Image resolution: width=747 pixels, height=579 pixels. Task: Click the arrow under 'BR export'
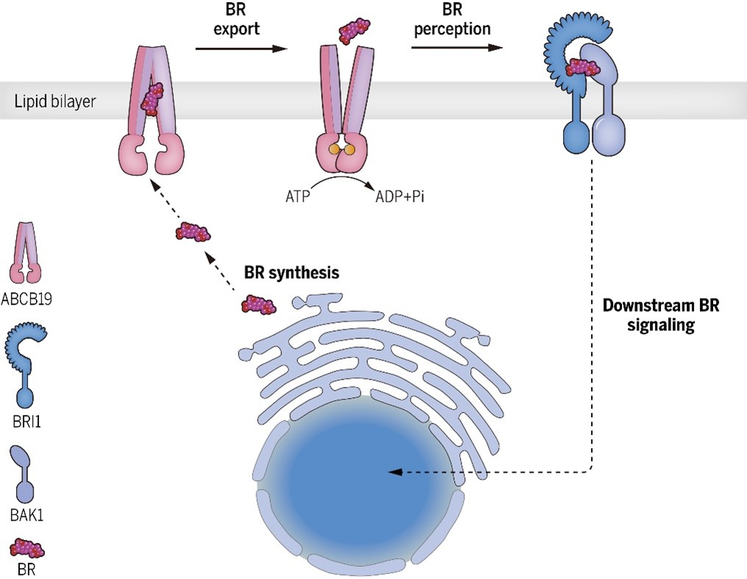tap(241, 49)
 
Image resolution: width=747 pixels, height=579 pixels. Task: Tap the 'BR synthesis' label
tap(291, 273)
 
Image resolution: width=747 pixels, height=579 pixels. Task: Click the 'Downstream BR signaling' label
tap(653, 315)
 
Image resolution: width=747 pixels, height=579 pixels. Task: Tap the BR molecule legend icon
tap(27, 548)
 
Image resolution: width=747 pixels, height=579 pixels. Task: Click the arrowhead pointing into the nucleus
tap(395, 472)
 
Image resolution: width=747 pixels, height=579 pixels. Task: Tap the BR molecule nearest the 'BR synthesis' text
tap(259, 304)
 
